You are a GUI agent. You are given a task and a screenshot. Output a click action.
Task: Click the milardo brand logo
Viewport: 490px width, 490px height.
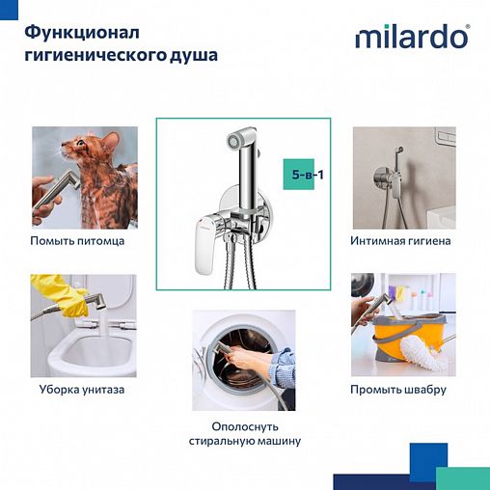413,38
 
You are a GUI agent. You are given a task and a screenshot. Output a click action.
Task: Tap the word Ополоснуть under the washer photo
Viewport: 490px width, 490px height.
244,425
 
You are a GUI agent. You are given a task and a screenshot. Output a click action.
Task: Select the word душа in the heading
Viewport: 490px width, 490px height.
193,56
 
